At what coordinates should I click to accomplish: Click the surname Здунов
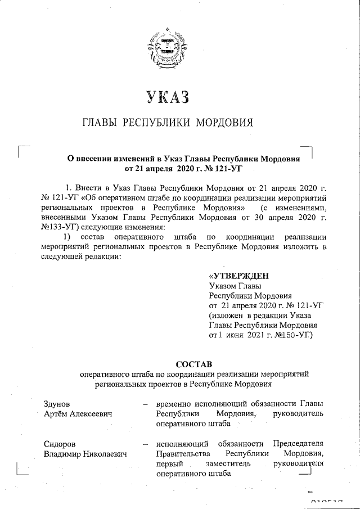tap(57, 404)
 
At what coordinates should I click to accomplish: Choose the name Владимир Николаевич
tap(84, 454)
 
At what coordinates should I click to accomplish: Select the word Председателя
tap(298, 444)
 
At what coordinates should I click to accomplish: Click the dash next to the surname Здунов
tap(145, 404)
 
